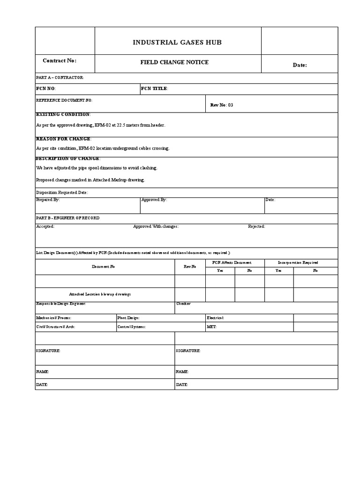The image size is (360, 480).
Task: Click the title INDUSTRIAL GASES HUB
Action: coord(177,43)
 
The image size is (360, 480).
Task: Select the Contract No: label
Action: coord(60,61)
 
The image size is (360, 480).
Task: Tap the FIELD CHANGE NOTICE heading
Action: coord(174,62)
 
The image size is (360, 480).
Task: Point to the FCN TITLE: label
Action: coord(154,89)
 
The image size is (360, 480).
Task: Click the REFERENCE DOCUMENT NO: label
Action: coord(64,100)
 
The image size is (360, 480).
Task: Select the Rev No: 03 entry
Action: coord(222,105)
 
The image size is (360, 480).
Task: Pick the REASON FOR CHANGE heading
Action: coord(64,139)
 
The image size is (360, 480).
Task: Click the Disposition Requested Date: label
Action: coord(62,193)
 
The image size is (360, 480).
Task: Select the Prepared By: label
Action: coord(48,200)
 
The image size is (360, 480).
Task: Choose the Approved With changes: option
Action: coord(156,226)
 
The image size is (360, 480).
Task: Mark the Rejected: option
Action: coord(256,226)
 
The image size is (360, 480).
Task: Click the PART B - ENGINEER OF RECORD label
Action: coord(67,218)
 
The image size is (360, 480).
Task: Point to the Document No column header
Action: coord(103,266)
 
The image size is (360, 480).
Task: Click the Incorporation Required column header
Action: coord(298,262)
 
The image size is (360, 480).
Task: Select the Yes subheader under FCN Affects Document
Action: coord(220,270)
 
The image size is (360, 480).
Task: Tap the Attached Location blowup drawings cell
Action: coord(100,294)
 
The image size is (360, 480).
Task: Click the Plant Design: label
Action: coord(128,318)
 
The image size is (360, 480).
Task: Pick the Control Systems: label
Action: coord(131,327)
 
